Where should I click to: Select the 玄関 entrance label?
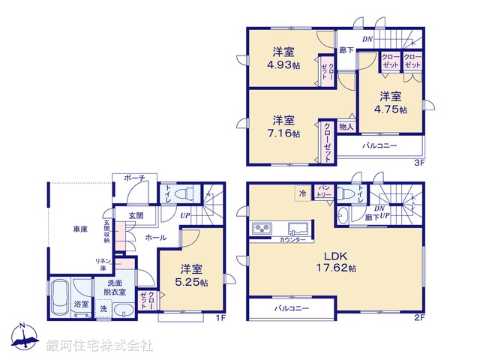134,217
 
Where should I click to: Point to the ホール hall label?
155,238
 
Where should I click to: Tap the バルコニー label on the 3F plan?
382,145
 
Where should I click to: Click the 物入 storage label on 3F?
346,127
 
